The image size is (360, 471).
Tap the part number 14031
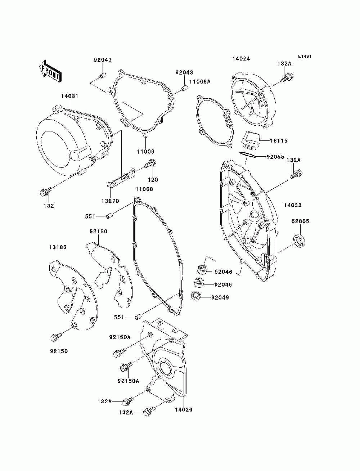[x=69, y=96]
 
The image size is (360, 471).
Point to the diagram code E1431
[x=304, y=57]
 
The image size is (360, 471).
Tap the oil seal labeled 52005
[x=300, y=241]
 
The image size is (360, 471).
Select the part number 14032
[x=292, y=205]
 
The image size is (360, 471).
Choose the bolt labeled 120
[x=149, y=165]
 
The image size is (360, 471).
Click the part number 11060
[x=144, y=189]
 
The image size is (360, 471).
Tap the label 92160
[x=99, y=231]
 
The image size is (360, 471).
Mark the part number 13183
[x=58, y=247]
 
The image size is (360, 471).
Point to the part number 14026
[x=184, y=409]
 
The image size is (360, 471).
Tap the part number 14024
[x=241, y=59]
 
